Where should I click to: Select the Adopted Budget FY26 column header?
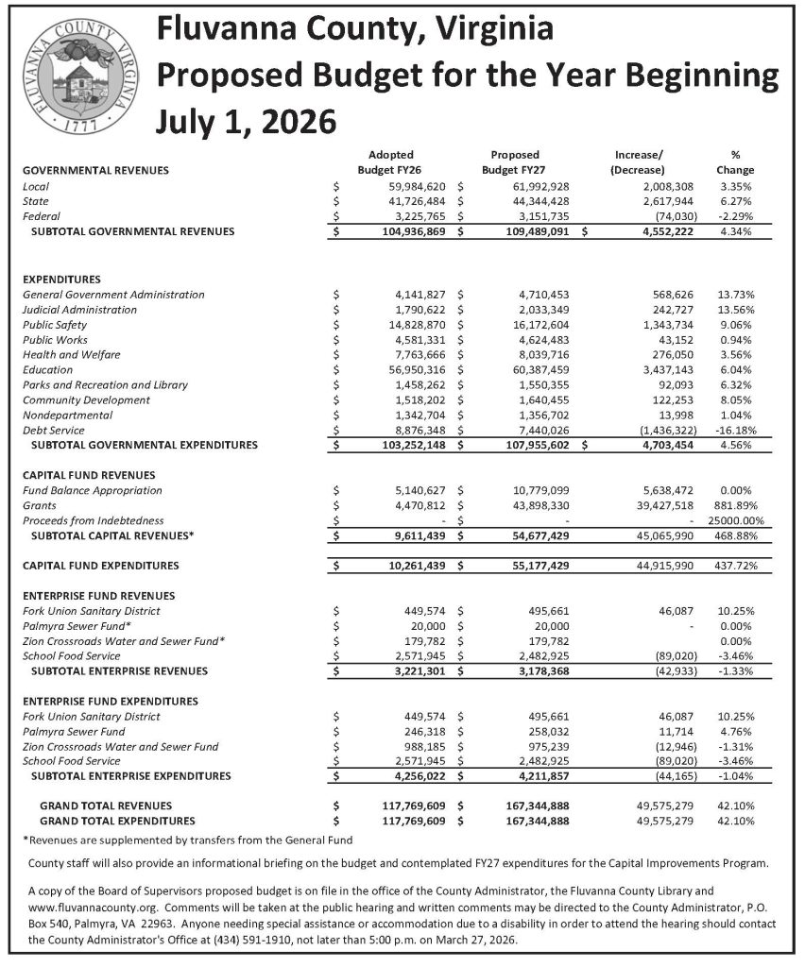coord(389,161)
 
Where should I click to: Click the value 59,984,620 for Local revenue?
coord(413,186)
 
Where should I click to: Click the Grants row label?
coord(40,505)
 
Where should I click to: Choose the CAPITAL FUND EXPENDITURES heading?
coord(100,566)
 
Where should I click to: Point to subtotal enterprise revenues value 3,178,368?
coord(532,671)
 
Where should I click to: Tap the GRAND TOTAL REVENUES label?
coord(106,806)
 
